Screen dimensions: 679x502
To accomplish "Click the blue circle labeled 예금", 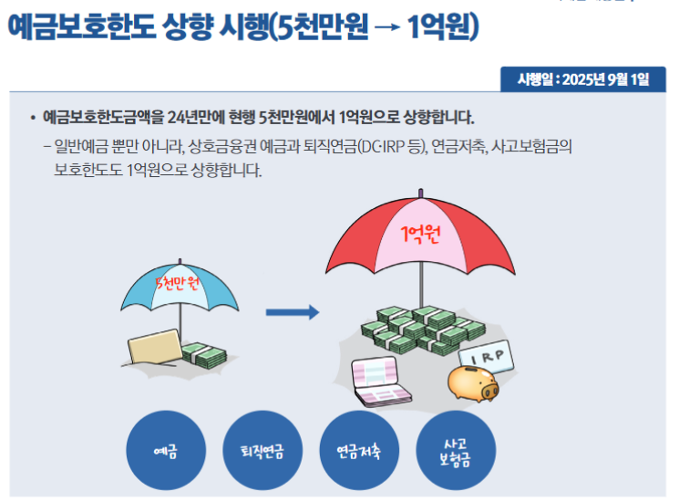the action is pos(166,450).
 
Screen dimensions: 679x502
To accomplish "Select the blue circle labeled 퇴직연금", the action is pos(262,450).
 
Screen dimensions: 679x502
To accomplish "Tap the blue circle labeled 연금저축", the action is pos(359,450).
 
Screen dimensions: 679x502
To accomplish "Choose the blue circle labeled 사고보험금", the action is pos(456,450).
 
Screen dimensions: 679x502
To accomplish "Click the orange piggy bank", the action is pos(473,383).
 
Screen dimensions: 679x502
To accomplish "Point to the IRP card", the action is pos(487,357).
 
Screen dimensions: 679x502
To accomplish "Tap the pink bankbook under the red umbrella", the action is pos(380,382).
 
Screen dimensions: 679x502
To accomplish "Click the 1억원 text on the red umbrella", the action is pos(420,234).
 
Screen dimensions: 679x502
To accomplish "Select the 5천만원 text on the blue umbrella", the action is pos(177,284).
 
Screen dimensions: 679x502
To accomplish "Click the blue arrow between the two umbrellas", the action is pos(293,312).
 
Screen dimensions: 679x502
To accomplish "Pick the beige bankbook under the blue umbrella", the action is pos(155,347).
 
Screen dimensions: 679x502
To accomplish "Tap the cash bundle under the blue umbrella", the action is pos(204,355).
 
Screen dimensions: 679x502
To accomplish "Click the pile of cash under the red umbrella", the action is pos(423,330).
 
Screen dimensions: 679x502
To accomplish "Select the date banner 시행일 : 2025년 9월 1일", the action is pos(583,79).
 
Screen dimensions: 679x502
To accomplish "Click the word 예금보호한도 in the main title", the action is pos(82,26).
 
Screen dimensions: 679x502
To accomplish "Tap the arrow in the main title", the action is pos(386,27).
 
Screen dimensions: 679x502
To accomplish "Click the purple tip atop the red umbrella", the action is pos(420,193).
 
